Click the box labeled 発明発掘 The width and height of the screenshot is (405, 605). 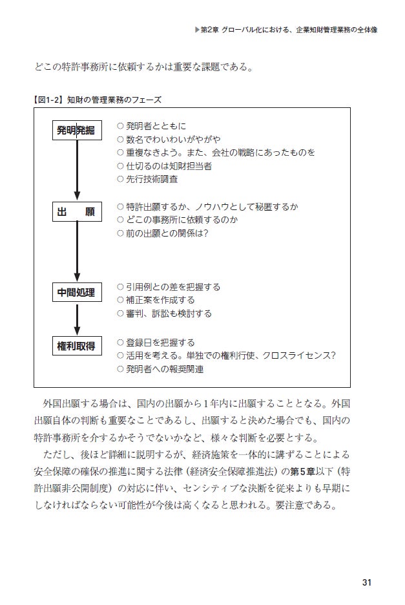tap(77, 131)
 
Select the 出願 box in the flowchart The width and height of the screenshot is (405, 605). tap(77, 212)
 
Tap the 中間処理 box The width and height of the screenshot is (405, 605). tap(77, 293)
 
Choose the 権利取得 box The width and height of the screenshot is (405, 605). tap(77, 346)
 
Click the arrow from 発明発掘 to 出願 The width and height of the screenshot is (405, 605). tap(77, 171)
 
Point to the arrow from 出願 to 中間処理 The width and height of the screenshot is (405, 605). tap(77, 252)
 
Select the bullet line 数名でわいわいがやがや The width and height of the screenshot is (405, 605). tap(169, 139)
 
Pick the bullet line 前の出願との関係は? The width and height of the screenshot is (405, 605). tap(163, 233)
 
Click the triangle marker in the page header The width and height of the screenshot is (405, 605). tap(198, 29)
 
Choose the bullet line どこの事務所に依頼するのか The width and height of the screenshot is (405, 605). tap(178, 220)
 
